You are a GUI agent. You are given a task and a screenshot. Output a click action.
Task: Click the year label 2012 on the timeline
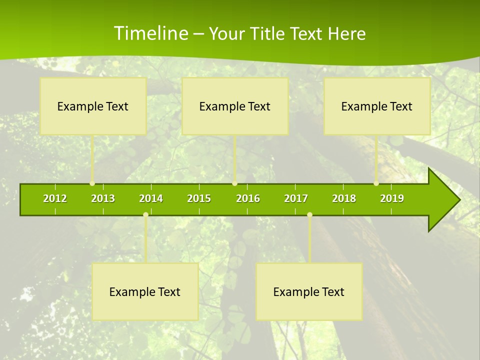pos(55,198)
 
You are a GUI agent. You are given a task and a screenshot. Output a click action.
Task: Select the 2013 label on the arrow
pos(103,198)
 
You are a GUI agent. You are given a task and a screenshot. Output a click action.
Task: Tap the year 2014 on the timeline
pos(151,198)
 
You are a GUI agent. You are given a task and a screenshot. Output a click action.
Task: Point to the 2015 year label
pos(199,198)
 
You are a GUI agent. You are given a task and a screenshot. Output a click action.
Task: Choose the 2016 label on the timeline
pos(248,198)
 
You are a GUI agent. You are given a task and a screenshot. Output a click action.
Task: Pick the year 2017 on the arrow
pos(296,198)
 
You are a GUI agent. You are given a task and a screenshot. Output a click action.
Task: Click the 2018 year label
pos(344,198)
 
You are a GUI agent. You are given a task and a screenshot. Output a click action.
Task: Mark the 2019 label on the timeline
pos(392,198)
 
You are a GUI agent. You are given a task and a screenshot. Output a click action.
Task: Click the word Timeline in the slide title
pos(150,33)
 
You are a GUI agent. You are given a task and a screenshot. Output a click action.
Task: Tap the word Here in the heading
pos(346,33)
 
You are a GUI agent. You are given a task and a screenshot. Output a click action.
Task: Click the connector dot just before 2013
pos(92,183)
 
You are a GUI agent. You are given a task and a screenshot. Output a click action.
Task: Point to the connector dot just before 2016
pos(234,183)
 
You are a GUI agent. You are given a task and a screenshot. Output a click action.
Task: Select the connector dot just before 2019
pos(376,183)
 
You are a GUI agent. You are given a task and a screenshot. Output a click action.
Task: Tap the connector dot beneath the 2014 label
pos(145,214)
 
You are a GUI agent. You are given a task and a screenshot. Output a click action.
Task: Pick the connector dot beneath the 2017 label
pos(309,214)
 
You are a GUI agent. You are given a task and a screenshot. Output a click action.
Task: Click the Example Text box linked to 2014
pos(145,291)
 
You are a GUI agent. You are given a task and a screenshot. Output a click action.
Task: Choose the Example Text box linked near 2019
pos(377,106)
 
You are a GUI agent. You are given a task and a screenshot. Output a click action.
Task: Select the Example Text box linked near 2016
pos(235,106)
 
